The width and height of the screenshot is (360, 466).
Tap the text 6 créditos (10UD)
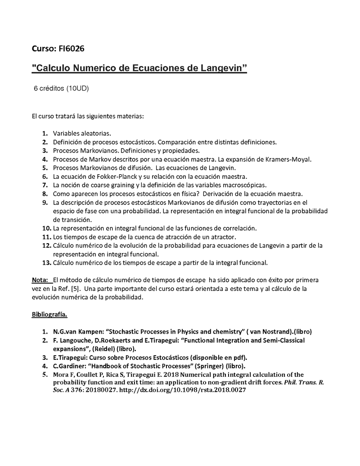pyautogui.click(x=61, y=88)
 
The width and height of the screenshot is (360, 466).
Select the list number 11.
pyautogui.click(x=46, y=236)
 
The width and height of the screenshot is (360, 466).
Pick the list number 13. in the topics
pyautogui.click(x=46, y=262)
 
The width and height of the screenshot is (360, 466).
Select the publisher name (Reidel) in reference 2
pyautogui.click(x=104, y=348)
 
